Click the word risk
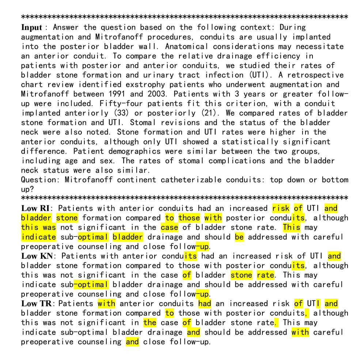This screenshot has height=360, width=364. (281, 208)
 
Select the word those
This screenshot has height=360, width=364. (189, 218)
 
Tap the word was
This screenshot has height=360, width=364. (49, 227)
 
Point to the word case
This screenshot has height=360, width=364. (169, 227)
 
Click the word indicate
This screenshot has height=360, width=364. (38, 237)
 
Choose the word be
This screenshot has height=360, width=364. (239, 237)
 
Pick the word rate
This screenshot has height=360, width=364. (265, 275)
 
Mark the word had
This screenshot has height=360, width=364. (205, 303)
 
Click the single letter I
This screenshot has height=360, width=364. (318, 303)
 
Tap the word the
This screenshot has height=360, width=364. (150, 322)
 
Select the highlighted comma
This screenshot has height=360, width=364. (306, 313)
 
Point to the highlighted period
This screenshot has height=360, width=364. (276, 322)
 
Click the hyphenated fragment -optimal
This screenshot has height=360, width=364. (91, 284)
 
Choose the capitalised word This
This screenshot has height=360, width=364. (292, 227)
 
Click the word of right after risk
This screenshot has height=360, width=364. (298, 208)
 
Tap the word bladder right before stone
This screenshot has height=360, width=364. (36, 218)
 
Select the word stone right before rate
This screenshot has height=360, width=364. (241, 275)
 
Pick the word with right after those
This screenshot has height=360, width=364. (213, 218)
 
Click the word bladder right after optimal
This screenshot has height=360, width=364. (128, 237)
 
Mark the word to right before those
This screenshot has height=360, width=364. (169, 218)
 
